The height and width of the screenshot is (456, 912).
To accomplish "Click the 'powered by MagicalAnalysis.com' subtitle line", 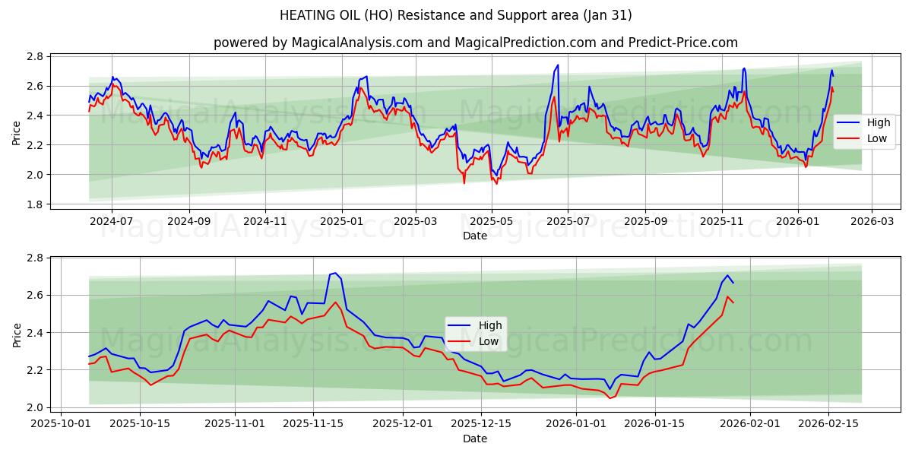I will tap(475, 43).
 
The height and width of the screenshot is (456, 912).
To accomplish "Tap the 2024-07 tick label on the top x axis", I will tap(112, 220).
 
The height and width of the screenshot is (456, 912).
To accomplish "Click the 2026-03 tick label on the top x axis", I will tap(871, 220).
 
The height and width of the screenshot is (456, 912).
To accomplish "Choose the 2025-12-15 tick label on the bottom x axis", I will tap(481, 423).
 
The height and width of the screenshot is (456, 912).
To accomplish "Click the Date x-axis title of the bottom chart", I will tap(475, 439).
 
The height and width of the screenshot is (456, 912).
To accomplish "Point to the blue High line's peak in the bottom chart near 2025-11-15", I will tap(335, 272).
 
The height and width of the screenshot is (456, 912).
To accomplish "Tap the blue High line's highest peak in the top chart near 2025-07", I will tap(558, 65).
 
